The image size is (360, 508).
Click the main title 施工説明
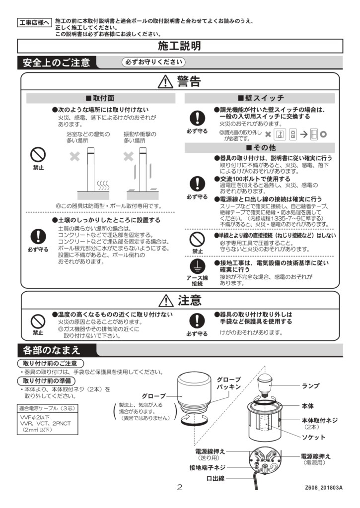(x=180, y=46)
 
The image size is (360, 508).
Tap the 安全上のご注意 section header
(x=56, y=63)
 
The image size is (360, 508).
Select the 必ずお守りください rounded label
(x=154, y=63)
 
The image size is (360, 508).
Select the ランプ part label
(x=310, y=385)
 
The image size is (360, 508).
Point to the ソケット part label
(x=313, y=437)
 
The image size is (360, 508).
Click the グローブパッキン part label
(x=228, y=383)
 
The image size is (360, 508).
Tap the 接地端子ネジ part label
(x=207, y=467)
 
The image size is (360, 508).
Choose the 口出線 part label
(x=216, y=478)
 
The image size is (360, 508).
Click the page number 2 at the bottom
(x=180, y=487)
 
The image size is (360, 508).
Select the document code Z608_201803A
(x=323, y=488)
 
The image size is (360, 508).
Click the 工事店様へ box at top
(x=34, y=23)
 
